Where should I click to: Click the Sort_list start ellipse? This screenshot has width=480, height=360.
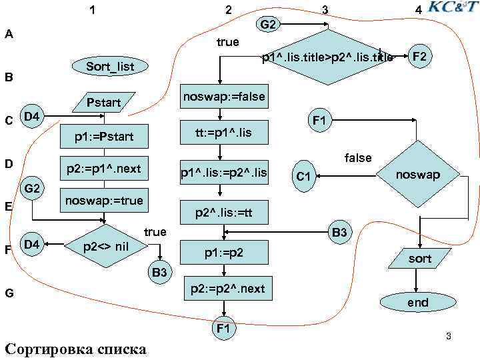tap(111, 67)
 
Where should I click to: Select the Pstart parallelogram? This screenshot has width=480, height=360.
tap(104, 103)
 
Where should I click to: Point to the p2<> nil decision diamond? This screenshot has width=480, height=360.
tap(105, 246)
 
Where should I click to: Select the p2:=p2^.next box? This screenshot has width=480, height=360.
tap(227, 289)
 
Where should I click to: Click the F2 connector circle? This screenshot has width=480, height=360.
tap(419, 57)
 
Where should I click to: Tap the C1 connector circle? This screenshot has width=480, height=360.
tap(303, 177)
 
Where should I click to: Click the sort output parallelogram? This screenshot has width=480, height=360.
tap(419, 259)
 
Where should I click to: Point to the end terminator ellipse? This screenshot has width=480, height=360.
tap(418, 303)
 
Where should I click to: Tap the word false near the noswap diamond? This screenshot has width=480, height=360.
tap(358, 158)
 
